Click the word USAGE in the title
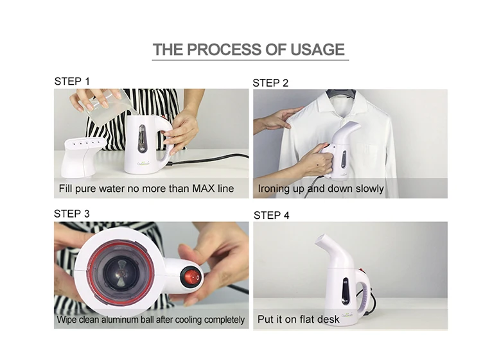pyautogui.click(x=317, y=49)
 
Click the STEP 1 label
pyautogui.click(x=72, y=81)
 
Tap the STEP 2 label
pyautogui.click(x=270, y=83)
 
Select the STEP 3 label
pyautogui.click(x=71, y=214)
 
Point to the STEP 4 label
pyautogui.click(x=271, y=216)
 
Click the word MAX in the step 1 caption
pyautogui.click(x=203, y=188)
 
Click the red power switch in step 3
pyautogui.click(x=191, y=277)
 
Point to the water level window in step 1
pyautogui.click(x=142, y=138)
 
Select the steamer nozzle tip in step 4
pyautogui.click(x=321, y=240)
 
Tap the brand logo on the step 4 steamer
pyautogui.click(x=347, y=315)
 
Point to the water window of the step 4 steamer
pyautogui.click(x=346, y=291)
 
